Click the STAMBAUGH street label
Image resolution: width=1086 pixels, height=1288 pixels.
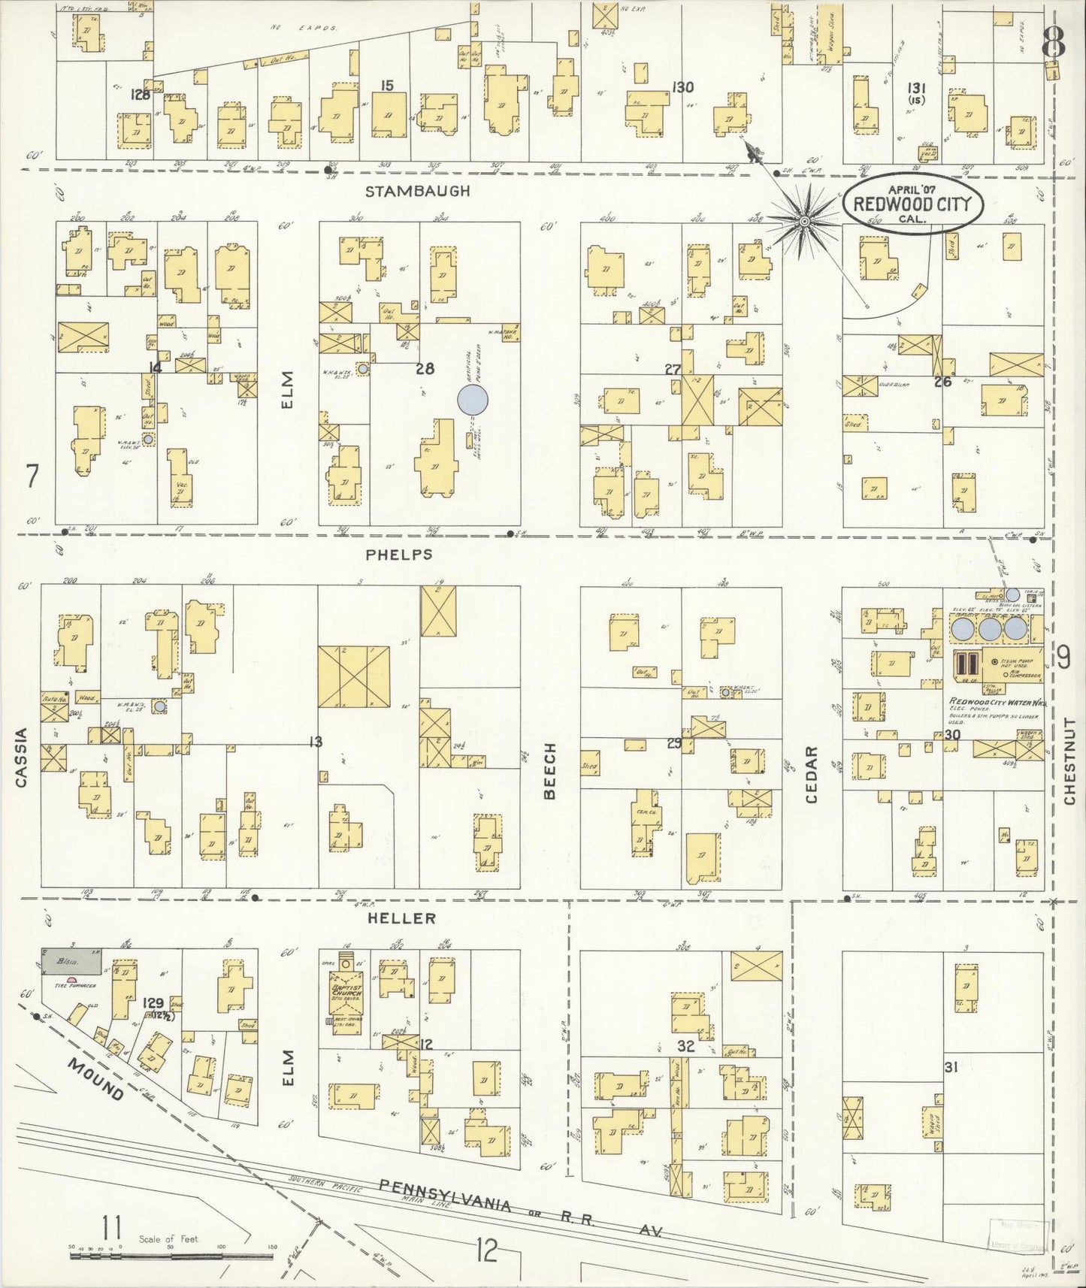click(417, 191)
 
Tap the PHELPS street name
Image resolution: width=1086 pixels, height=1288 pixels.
click(399, 554)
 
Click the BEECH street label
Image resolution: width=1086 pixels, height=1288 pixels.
click(550, 771)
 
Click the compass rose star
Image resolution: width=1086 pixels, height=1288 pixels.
click(803, 221)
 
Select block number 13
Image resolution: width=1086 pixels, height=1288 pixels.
click(315, 742)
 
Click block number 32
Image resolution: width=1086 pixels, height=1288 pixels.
click(685, 1045)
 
